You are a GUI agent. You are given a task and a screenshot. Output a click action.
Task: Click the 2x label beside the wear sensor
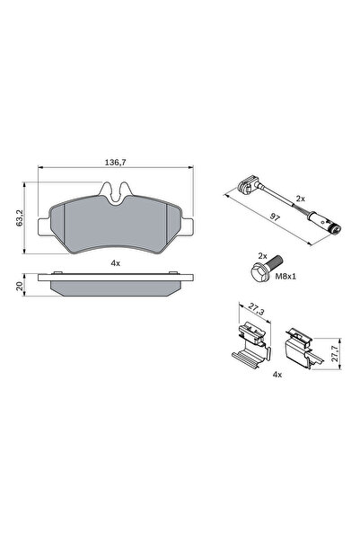(301, 198)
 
